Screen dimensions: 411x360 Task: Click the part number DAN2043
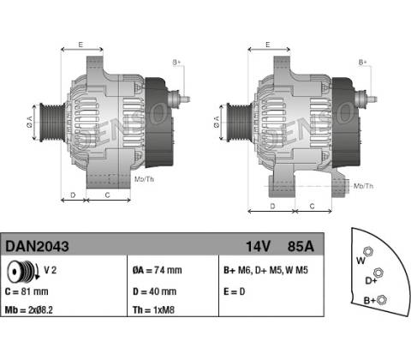[x=37, y=246]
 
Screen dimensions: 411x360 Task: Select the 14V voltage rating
[x=258, y=246]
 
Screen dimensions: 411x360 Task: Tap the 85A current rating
[x=301, y=246]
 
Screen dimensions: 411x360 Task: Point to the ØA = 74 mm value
[x=157, y=270]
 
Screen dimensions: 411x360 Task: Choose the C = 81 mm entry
[x=27, y=291]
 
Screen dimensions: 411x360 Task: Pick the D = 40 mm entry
[x=154, y=291]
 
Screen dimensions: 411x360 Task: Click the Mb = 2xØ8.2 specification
[x=29, y=309]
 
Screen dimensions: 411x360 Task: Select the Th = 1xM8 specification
[x=153, y=309]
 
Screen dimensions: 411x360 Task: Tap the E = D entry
[x=235, y=291]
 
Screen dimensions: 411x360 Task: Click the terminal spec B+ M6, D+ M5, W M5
[x=265, y=270]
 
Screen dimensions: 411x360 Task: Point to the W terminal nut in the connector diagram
[x=368, y=252]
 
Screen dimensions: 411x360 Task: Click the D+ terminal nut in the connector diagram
[x=378, y=273]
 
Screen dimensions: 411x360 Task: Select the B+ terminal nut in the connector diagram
[x=382, y=300]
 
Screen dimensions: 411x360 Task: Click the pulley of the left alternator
[x=52, y=123]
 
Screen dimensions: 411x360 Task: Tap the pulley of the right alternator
[x=239, y=123]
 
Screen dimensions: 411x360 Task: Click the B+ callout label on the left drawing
[x=177, y=63]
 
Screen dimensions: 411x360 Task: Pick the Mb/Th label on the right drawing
[x=363, y=186]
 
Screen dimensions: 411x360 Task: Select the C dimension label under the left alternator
[x=107, y=195]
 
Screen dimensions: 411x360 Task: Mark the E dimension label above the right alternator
[x=268, y=45]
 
